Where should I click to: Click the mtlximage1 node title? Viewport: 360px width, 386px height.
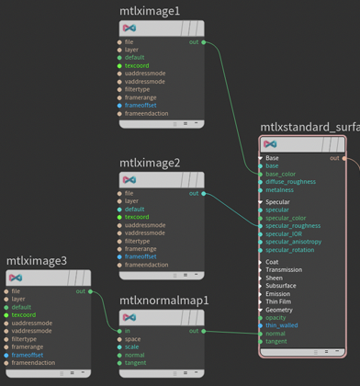tap(150, 11)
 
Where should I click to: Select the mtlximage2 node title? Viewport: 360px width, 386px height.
tap(150, 163)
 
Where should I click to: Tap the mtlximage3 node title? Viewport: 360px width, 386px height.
tap(37, 261)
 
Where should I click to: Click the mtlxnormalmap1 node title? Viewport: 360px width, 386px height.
tap(164, 301)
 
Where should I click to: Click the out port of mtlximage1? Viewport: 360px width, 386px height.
tap(203, 42)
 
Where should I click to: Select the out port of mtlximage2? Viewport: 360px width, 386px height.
tap(203, 194)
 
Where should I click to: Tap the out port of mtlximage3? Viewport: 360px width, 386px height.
tap(90, 291)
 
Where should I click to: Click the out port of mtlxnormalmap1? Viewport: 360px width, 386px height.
tap(203, 331)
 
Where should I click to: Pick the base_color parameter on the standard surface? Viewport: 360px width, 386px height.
tap(280, 174)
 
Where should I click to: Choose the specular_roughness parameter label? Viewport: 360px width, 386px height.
tap(293, 225)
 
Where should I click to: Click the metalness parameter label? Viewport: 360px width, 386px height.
tap(279, 190)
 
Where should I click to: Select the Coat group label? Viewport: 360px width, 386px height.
tap(272, 262)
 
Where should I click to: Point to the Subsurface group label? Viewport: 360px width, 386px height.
tap(281, 286)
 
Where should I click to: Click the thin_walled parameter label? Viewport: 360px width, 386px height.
tap(281, 325)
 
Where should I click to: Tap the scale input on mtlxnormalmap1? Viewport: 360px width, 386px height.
tap(132, 346)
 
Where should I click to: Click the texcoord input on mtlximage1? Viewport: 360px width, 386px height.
tap(137, 66)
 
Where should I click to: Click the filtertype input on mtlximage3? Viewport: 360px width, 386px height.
tap(26, 339)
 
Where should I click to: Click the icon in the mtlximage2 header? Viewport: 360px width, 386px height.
tap(129, 180)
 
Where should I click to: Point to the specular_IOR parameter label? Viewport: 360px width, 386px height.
tap(285, 233)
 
